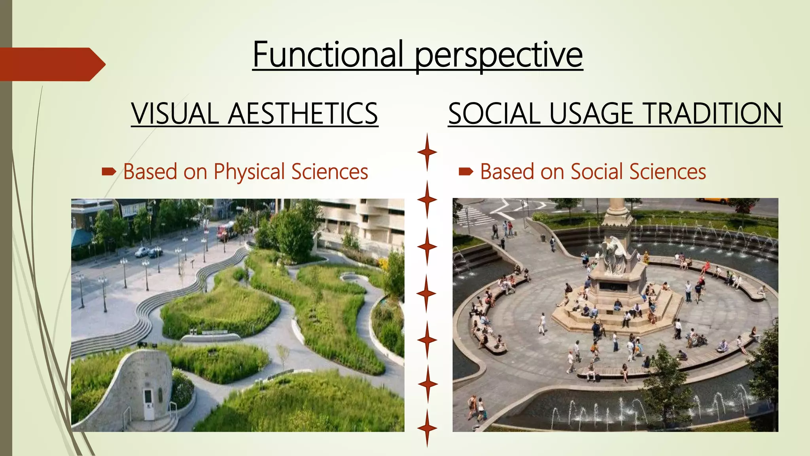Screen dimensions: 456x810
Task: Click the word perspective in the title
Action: [x=498, y=55]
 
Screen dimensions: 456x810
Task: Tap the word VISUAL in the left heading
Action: [x=175, y=114]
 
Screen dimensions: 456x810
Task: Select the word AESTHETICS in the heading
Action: [x=303, y=114]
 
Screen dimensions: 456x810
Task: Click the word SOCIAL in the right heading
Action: [x=494, y=114]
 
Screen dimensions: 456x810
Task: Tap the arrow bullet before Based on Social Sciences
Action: [x=466, y=172]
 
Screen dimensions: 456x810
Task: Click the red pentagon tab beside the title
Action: [x=51, y=64]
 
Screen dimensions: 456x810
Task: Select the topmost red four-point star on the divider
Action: [x=427, y=152]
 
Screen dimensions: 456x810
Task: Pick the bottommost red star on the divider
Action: [x=427, y=428]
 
